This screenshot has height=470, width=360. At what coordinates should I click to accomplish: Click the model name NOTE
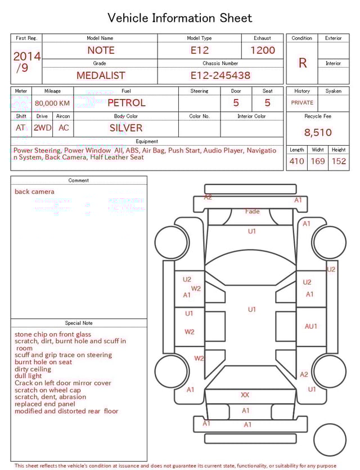pyautogui.click(x=101, y=50)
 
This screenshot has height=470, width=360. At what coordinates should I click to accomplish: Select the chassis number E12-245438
pyautogui.click(x=220, y=75)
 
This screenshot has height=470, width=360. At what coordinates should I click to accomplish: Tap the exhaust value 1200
pyautogui.click(x=263, y=50)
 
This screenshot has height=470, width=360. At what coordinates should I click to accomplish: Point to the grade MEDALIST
pyautogui.click(x=101, y=75)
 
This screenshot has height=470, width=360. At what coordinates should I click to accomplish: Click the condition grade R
pyautogui.click(x=303, y=62)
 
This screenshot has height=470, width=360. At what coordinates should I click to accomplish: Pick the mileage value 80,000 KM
pyautogui.click(x=52, y=103)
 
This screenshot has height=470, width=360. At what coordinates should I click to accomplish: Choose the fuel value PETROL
pyautogui.click(x=126, y=103)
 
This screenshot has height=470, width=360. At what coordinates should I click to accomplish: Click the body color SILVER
pyautogui.click(x=126, y=128)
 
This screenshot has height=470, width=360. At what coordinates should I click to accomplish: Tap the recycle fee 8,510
pyautogui.click(x=318, y=132)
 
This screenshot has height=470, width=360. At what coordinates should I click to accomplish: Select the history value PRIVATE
pyautogui.click(x=302, y=103)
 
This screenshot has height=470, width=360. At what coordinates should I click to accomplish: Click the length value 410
pyautogui.click(x=296, y=161)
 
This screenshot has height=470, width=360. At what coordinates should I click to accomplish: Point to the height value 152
pyautogui.click(x=339, y=161)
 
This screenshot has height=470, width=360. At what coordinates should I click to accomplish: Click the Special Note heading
pyautogui.click(x=79, y=323)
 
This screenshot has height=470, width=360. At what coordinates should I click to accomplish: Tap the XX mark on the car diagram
pyautogui.click(x=245, y=395)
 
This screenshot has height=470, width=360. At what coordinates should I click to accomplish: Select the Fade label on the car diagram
pyautogui.click(x=253, y=212)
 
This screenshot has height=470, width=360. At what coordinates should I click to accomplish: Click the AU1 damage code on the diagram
pyautogui.click(x=311, y=326)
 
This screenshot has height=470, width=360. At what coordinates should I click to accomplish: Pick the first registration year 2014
pyautogui.click(x=27, y=56)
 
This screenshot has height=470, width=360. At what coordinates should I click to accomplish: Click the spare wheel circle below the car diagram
pyautogui.click(x=330, y=440)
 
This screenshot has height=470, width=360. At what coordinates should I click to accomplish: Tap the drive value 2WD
pyautogui.click(x=42, y=128)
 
